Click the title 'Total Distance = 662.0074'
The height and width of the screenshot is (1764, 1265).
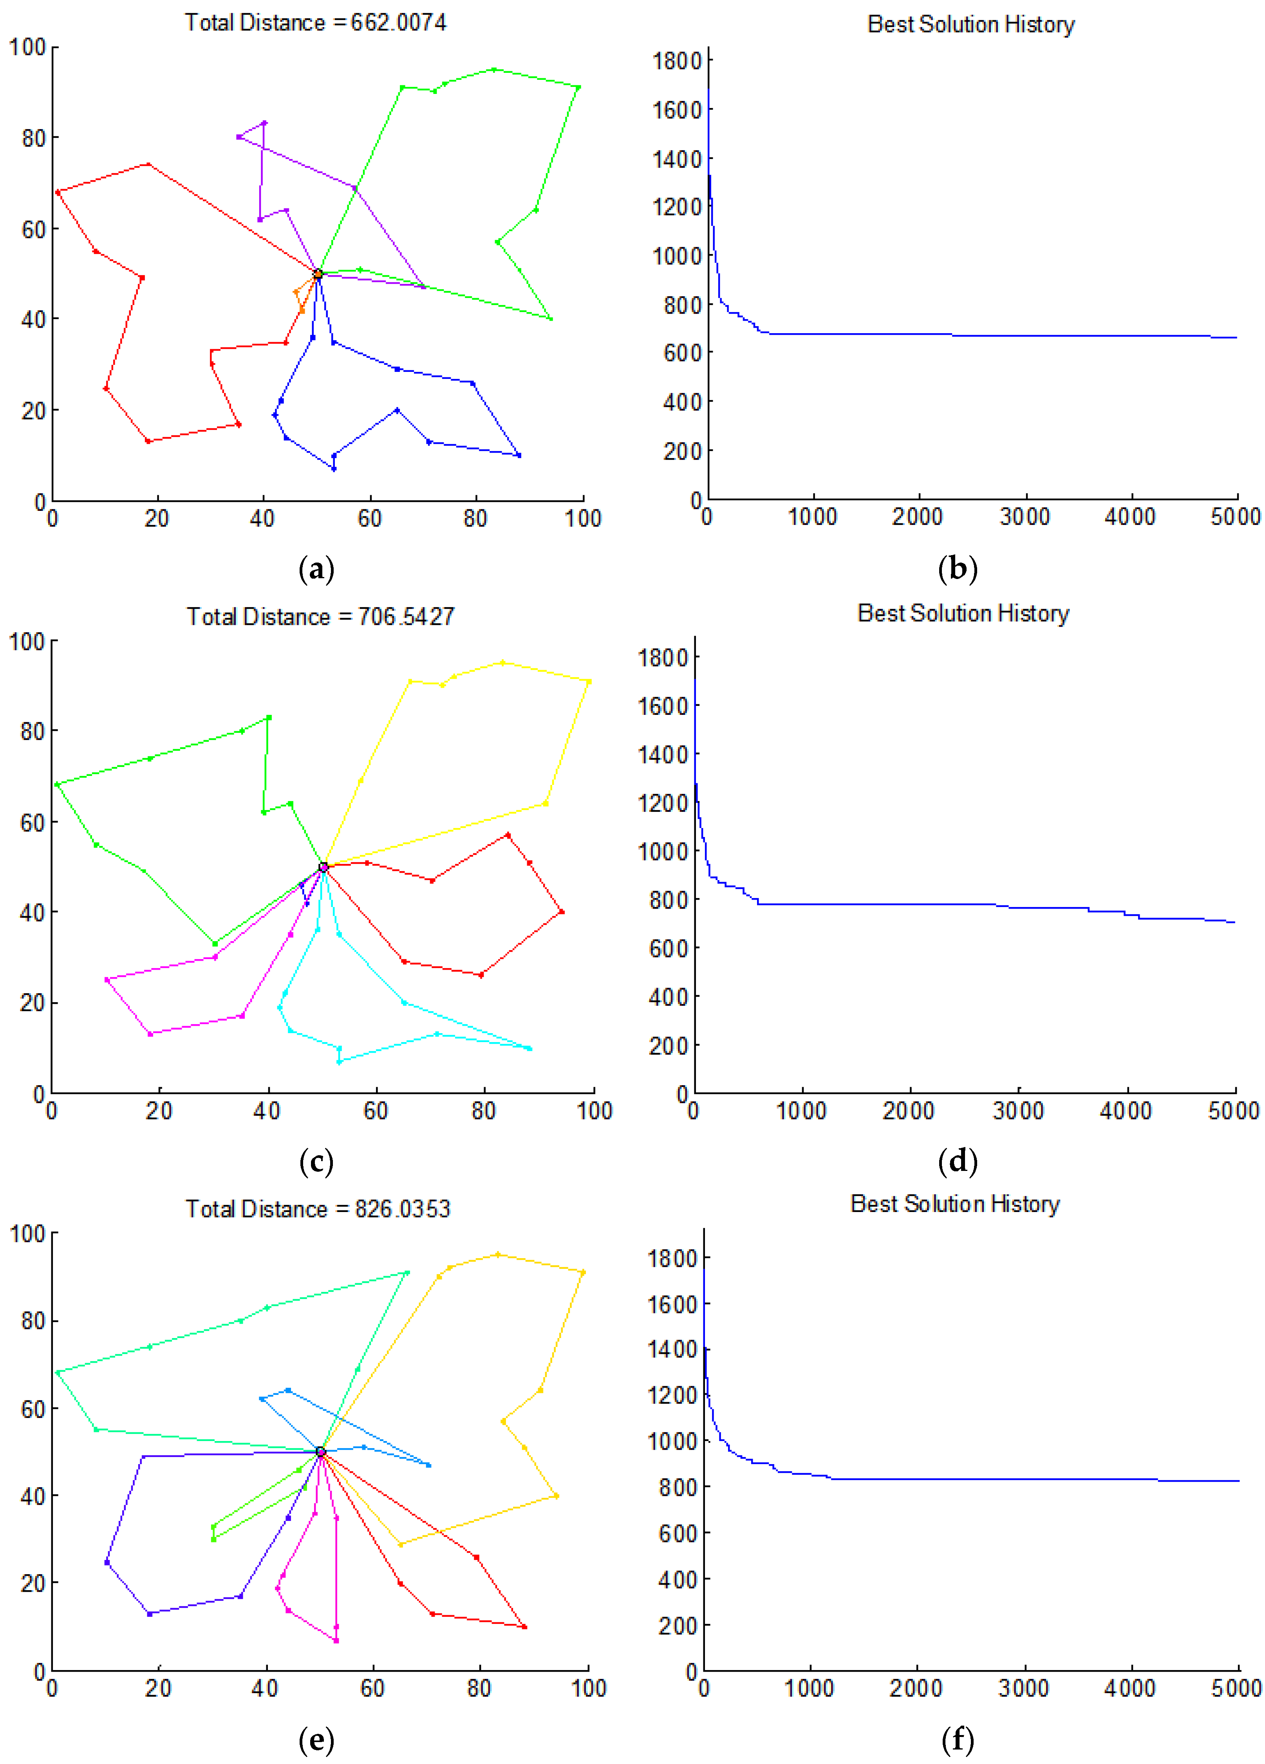click(315, 23)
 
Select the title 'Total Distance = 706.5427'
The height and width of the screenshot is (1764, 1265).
click(320, 617)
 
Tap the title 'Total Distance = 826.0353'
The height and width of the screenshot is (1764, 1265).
click(317, 1208)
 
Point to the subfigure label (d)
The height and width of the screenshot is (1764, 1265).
click(958, 1161)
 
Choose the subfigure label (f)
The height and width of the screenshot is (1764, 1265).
click(958, 1739)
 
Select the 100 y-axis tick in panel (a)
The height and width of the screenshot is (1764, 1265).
click(27, 47)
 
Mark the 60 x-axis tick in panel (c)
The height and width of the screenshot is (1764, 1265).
click(375, 1111)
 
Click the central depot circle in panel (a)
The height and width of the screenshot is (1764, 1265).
click(317, 274)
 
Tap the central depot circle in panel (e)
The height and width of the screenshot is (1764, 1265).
click(320, 1451)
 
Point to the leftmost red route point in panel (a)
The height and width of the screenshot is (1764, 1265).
click(58, 192)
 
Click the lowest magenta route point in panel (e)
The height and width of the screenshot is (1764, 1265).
click(336, 1641)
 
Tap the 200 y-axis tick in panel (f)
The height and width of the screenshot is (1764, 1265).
click(676, 1625)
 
